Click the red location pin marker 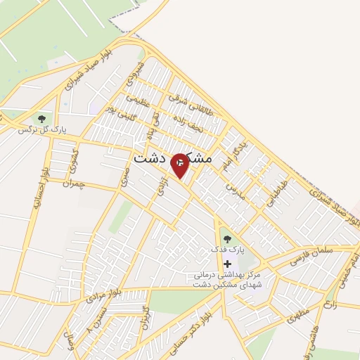(181, 164)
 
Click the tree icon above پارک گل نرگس (41, 119)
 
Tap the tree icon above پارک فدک (226, 239)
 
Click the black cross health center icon (226, 263)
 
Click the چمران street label (72, 183)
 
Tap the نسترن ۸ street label (99, 319)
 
